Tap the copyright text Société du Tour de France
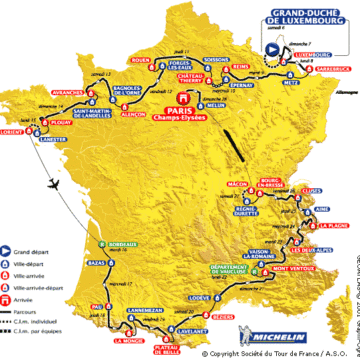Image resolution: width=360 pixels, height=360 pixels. pyautogui.click(x=265, y=352)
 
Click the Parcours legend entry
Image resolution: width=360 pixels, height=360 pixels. pyautogui.click(x=31, y=311)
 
